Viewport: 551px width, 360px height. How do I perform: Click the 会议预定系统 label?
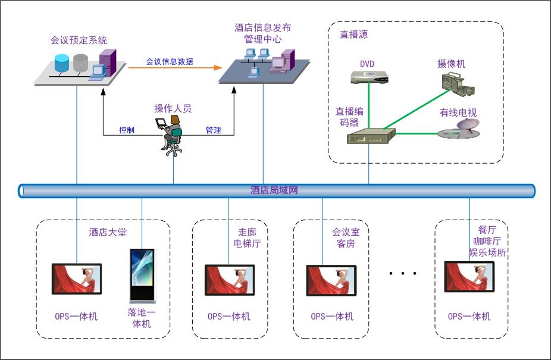79,40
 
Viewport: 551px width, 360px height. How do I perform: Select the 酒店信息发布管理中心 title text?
262,33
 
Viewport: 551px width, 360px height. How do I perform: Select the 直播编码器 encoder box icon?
371,137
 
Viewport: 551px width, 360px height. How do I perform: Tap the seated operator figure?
171,136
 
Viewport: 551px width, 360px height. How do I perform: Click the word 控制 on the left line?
127,130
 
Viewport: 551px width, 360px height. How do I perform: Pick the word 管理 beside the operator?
213,130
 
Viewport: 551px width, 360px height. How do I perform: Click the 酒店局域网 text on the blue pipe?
274,190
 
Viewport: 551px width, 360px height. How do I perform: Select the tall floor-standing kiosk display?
142,276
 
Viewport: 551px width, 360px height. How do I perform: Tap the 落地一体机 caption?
142,318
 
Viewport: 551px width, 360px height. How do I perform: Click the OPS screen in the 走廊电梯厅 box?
230,280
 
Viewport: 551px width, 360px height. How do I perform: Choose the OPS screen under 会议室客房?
331,280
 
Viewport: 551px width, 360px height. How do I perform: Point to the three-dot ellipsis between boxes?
402,273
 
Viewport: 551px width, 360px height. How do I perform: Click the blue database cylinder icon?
61,62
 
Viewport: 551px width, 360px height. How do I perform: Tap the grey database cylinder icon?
80,61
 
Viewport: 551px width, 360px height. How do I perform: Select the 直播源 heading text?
353,35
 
